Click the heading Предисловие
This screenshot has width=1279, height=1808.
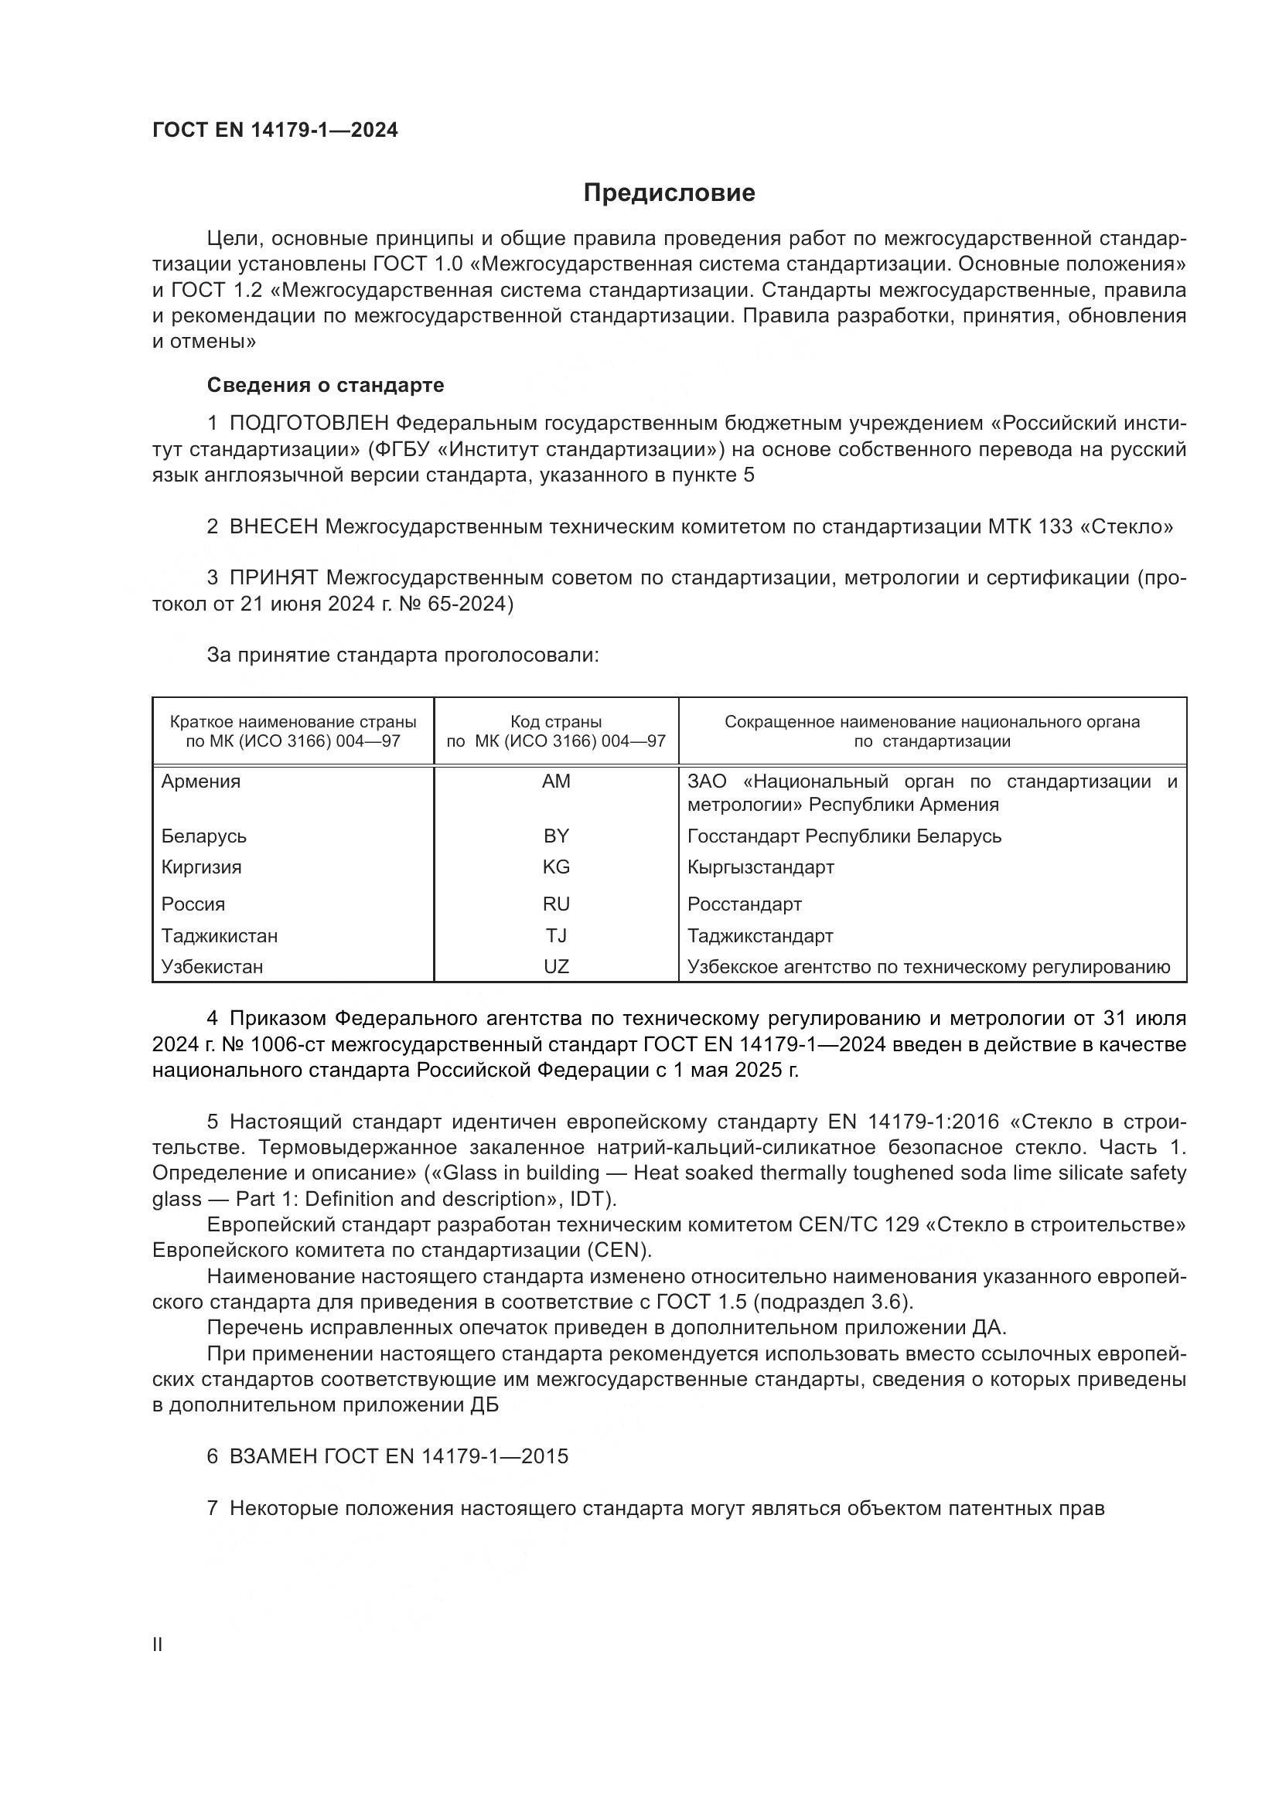(669, 193)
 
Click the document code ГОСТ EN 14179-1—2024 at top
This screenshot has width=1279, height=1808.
(275, 130)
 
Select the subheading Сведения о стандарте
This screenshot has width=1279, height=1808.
(326, 385)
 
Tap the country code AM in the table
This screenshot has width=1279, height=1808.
(556, 782)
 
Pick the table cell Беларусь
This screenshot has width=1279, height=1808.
(204, 836)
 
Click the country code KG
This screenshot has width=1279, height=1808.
(556, 868)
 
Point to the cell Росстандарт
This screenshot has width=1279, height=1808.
(744, 905)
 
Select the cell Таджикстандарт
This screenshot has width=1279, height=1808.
(760, 936)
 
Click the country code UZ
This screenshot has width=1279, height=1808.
(556, 967)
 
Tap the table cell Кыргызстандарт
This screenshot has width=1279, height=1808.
(760, 868)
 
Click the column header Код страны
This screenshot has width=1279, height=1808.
(556, 722)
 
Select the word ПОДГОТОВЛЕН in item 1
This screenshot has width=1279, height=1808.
(309, 424)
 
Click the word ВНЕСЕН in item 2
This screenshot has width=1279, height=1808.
(273, 527)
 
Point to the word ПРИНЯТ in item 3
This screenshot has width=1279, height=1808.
(273, 578)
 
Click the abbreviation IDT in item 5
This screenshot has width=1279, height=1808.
(587, 1200)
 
